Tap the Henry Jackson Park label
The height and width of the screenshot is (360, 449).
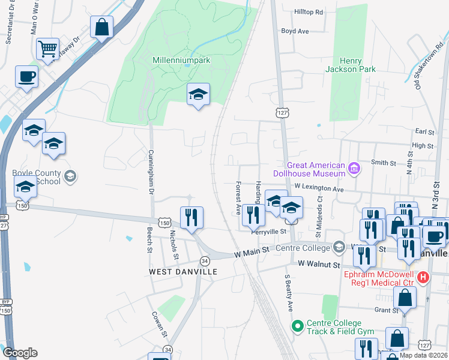pos(351,65)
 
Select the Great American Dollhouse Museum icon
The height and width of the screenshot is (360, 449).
pos(354,169)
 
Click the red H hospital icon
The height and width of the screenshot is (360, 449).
pos(423,277)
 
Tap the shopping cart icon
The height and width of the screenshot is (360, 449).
pos(47,48)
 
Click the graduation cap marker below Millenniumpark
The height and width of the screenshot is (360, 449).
pos(198,94)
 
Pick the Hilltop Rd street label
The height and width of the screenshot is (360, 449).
pos(309,12)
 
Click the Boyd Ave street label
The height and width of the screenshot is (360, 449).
pos(295,31)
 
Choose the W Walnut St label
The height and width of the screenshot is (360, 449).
pos(319,264)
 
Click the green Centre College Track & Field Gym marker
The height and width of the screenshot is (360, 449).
pos(297,326)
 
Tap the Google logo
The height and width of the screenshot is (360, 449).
pos(20,352)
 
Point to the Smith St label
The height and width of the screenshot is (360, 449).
pos(384,163)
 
